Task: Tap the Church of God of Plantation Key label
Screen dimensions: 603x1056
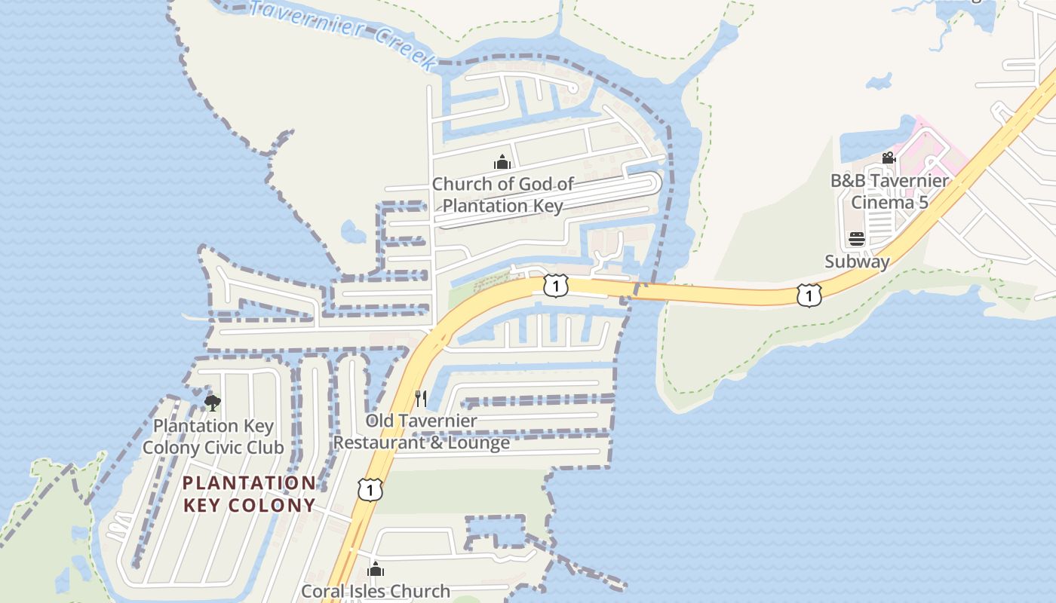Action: (502, 194)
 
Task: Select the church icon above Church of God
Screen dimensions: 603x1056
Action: (502, 161)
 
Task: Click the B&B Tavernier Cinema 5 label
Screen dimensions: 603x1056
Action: (889, 191)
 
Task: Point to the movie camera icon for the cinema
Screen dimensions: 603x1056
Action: (889, 158)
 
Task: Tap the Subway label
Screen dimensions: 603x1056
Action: (857, 262)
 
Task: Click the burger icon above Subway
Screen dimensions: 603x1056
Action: (857, 240)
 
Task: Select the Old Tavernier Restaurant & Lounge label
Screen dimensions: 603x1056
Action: (422, 432)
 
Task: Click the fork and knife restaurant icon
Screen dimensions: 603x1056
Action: (421, 398)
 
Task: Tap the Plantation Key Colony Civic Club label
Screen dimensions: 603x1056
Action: (213, 436)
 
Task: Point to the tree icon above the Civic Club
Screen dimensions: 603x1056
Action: (213, 403)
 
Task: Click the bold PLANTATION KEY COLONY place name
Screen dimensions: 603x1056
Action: (249, 494)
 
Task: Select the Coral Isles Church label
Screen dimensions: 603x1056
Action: (376, 591)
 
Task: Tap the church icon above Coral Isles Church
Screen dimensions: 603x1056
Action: (376, 569)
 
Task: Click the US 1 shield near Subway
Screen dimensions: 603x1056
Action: (809, 295)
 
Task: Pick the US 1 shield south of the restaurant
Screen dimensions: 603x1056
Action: (370, 489)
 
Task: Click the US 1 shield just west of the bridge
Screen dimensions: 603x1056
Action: (556, 286)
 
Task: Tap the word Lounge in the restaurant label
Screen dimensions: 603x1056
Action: (479, 442)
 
